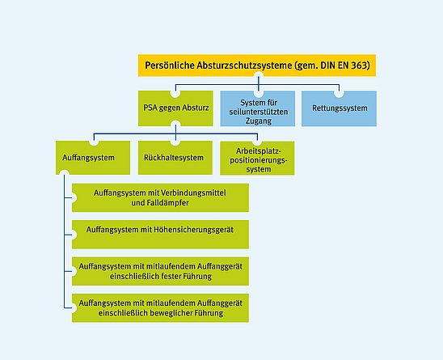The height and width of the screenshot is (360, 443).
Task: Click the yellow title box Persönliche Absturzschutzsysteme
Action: click(x=257, y=66)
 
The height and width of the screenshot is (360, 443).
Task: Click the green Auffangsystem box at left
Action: click(x=89, y=158)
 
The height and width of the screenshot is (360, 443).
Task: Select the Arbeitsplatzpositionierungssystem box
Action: click(x=258, y=158)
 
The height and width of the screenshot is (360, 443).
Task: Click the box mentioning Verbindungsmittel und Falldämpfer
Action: click(x=160, y=197)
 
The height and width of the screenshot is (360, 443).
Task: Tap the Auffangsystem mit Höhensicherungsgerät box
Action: click(x=160, y=231)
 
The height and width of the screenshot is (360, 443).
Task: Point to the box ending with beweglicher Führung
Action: click(x=160, y=307)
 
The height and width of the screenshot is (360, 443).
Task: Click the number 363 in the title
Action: click(x=358, y=66)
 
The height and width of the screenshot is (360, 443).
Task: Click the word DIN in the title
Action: click(x=319, y=66)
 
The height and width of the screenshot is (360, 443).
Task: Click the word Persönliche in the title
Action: click(x=169, y=66)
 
